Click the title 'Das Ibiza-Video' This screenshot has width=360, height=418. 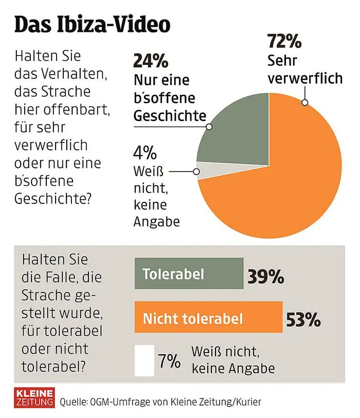click(x=92, y=24)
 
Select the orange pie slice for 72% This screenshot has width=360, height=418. click(x=288, y=170)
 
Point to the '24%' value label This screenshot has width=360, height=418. click(x=151, y=61)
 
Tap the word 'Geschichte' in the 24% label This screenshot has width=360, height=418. click(x=167, y=115)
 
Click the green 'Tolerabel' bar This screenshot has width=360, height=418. click(x=189, y=273)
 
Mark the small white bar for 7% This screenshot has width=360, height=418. click(x=145, y=360)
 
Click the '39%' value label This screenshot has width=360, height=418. click(x=265, y=276)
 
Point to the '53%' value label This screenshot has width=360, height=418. click(x=302, y=320)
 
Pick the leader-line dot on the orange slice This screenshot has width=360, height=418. click(x=305, y=103)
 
